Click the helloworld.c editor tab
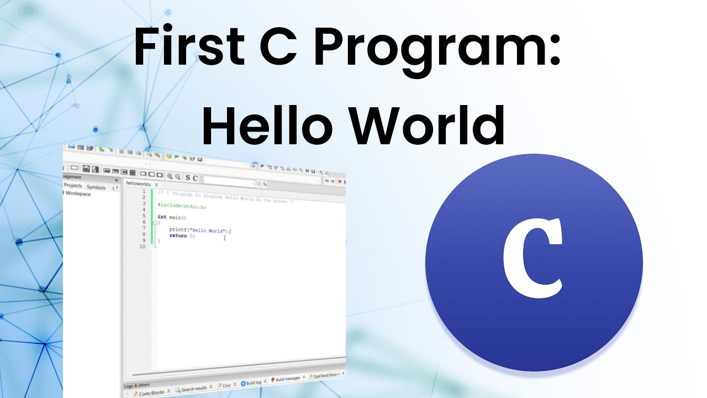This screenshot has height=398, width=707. [138, 184]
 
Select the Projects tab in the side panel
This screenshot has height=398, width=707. [73, 186]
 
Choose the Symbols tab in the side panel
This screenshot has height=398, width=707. [96, 187]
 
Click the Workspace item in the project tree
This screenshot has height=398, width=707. [78, 194]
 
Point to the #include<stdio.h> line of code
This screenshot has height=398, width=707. [182, 206]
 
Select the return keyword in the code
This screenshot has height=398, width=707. [178, 236]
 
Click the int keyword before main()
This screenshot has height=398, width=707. [162, 217]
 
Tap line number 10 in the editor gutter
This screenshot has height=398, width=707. [143, 247]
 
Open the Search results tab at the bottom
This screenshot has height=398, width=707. [194, 389]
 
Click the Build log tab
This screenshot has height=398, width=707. [254, 383]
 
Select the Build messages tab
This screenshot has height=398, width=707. [288, 379]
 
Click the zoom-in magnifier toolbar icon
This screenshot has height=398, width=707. [170, 177]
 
